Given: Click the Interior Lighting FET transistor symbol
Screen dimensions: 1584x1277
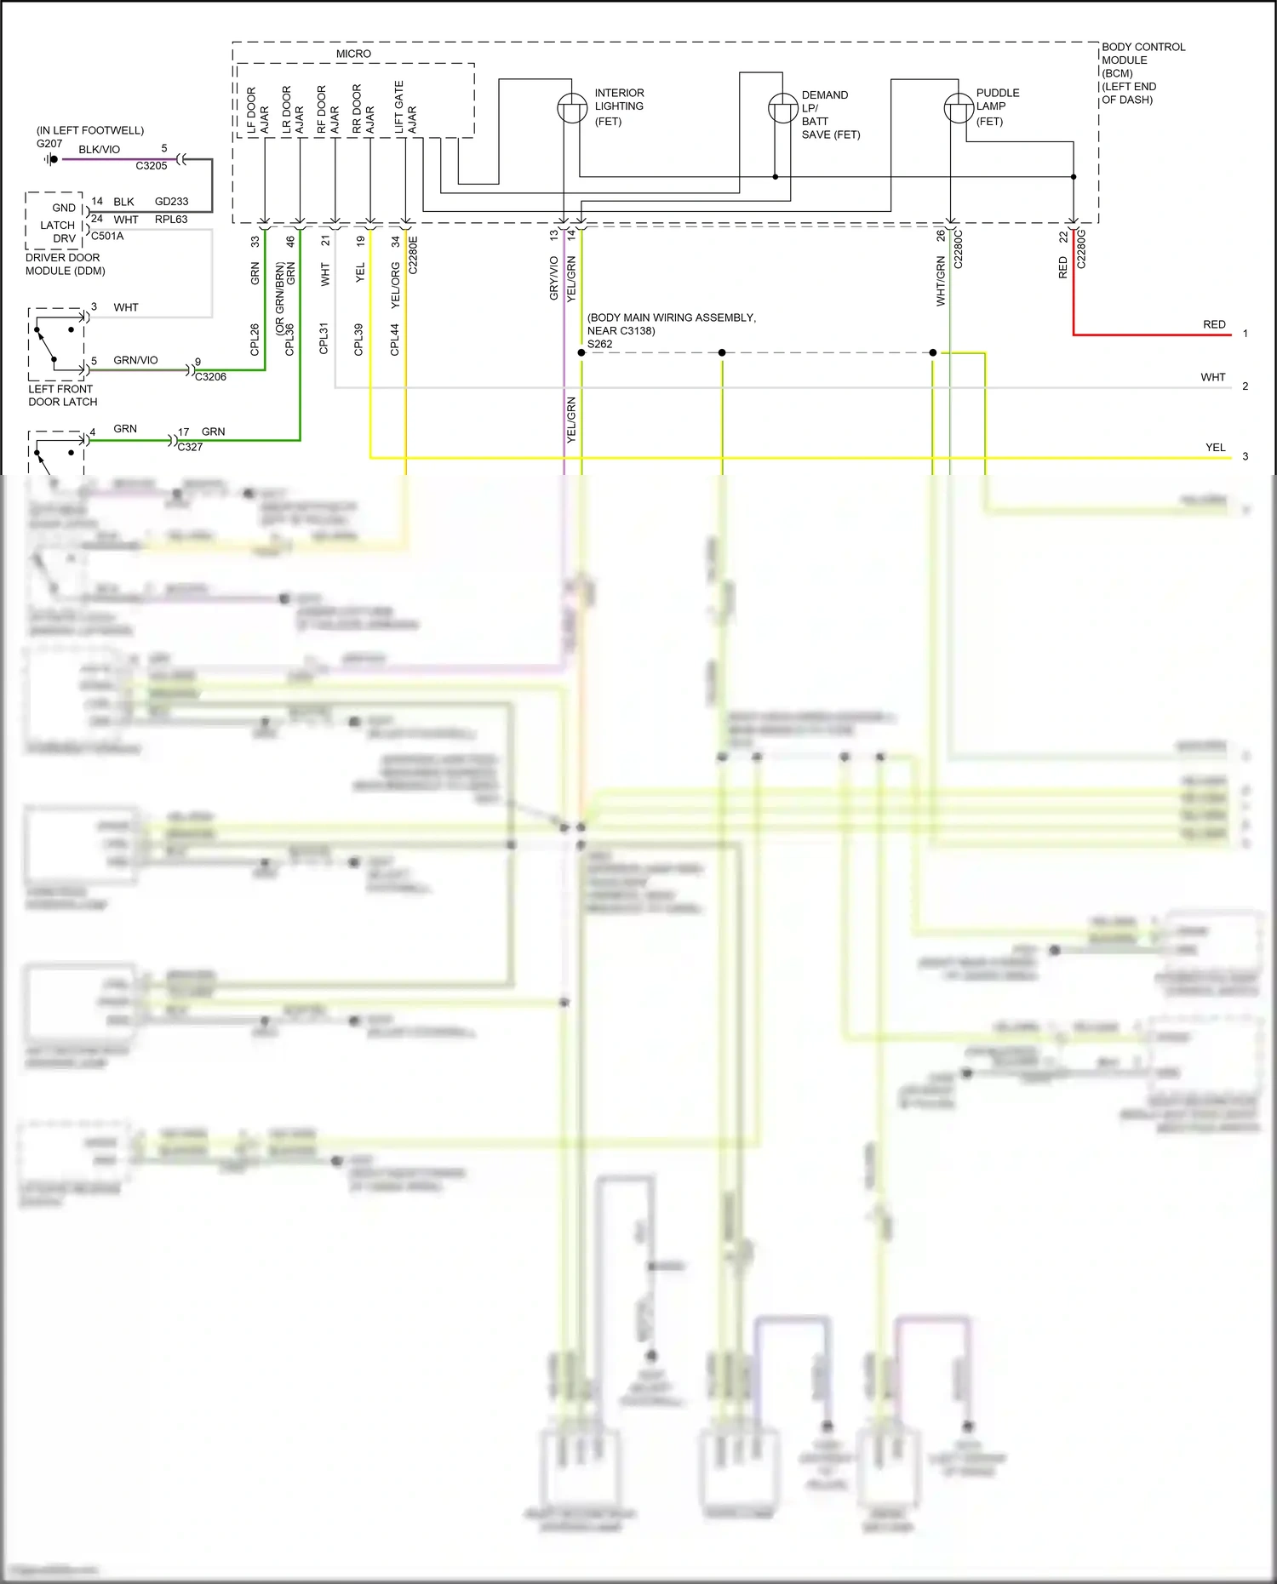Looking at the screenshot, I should [x=572, y=108].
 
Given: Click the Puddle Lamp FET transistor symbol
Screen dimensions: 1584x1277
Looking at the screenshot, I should [x=959, y=108].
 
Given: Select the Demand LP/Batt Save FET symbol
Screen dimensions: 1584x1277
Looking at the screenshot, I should [x=782, y=108].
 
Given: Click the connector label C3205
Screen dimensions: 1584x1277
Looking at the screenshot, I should [x=152, y=166].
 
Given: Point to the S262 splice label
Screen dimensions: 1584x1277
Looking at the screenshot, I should [x=599, y=345].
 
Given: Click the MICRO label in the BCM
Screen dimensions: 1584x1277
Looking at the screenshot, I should [x=353, y=54].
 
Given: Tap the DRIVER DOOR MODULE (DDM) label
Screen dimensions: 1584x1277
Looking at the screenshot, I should [x=65, y=264].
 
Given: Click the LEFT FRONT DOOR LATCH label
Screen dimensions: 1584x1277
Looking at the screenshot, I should [x=62, y=395].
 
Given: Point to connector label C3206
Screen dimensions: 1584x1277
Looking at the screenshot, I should [x=210, y=377].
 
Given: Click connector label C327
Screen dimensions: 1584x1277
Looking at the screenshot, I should [x=190, y=447].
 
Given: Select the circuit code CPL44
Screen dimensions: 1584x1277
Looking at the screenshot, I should [x=394, y=339].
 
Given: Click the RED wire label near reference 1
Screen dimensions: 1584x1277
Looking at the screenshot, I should [x=1214, y=324].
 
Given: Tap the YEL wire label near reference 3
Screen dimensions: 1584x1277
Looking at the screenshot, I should [x=1215, y=447].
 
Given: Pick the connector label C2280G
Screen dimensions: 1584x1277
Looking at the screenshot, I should [x=1081, y=249].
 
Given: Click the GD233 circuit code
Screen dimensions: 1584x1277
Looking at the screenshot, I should [x=171, y=202].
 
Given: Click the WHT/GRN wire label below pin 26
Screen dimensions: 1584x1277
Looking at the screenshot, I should [x=940, y=281].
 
